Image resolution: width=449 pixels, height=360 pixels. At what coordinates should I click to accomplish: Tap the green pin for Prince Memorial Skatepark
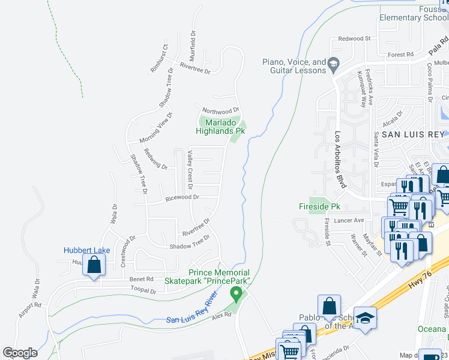237,294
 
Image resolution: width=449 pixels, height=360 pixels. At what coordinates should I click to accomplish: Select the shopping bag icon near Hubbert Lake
94,265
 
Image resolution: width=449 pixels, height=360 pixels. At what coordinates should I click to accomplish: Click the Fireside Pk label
319,206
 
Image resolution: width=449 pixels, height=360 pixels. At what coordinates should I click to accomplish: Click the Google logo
20,353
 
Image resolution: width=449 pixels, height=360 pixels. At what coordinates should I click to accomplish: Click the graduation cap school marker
364,318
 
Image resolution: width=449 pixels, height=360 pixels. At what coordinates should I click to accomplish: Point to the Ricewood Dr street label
182,197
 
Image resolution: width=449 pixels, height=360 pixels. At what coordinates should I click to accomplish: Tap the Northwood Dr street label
220,111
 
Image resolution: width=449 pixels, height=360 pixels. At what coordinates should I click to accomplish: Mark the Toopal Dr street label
144,291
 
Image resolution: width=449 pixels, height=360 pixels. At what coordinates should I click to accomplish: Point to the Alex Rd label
221,314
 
